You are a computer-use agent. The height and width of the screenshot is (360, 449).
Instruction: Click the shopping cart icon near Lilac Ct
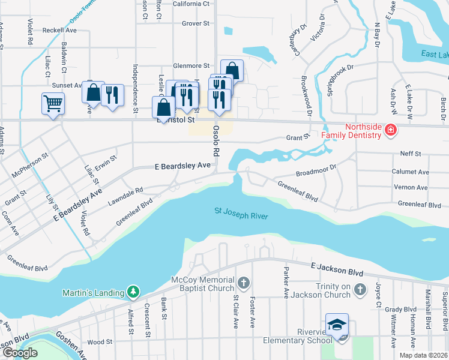pyautogui.click(x=53, y=104)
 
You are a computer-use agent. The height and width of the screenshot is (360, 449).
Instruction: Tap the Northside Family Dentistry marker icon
pyautogui.click(x=390, y=130)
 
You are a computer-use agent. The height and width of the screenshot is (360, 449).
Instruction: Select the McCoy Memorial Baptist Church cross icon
pyautogui.click(x=244, y=283)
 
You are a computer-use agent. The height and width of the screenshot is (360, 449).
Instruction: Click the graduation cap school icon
pyautogui.click(x=337, y=324)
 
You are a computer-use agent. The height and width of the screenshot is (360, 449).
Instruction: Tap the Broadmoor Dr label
pyautogui.click(x=316, y=173)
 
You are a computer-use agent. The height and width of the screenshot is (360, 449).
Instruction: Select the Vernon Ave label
pyautogui.click(x=411, y=188)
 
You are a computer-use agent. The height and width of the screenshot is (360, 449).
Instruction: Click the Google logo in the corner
pyautogui.click(x=20, y=352)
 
